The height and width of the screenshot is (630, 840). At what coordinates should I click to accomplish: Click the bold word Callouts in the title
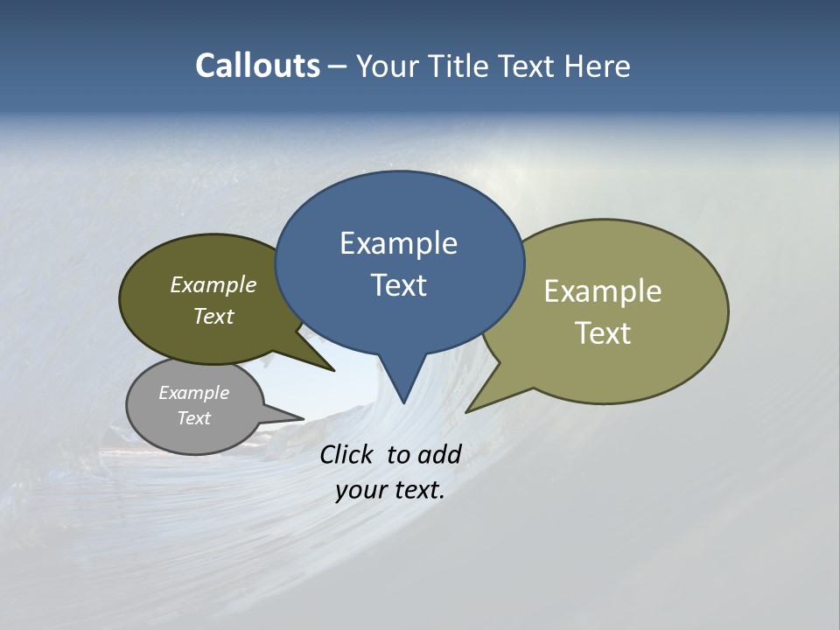[258, 66]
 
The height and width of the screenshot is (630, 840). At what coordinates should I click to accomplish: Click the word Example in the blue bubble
[398, 243]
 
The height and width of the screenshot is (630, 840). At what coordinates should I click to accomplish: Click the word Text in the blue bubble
[399, 285]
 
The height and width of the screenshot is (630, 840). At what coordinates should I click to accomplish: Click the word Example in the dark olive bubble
[213, 284]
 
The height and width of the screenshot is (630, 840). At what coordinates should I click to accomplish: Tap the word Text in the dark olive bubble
[213, 316]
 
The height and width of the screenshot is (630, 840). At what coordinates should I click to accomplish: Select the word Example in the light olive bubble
[603, 291]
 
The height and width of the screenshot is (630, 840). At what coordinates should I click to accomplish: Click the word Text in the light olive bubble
[603, 332]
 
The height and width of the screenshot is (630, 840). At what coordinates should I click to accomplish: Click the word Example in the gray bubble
[194, 393]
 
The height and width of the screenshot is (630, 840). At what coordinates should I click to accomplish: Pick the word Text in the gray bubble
[194, 418]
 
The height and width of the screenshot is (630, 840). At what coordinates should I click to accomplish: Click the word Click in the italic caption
[347, 454]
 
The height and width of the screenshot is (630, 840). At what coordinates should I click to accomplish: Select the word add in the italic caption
[438, 454]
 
